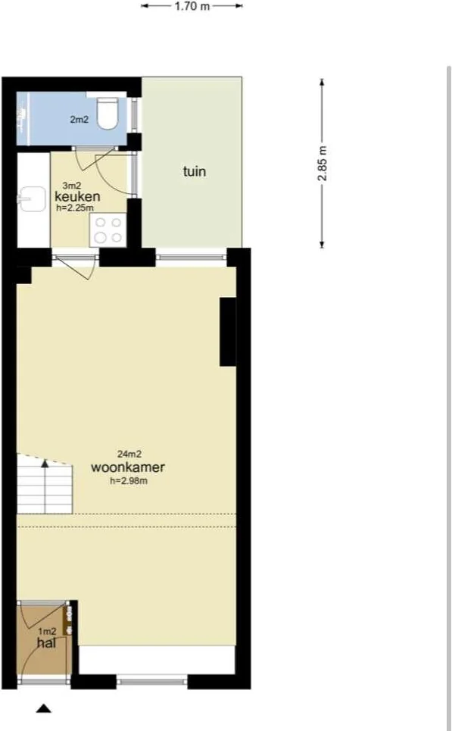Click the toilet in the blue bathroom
coord(108,112)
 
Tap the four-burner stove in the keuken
coord(108,230)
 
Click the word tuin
coord(195,171)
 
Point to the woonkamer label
coord(128,467)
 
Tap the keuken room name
coord(77,196)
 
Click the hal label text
coord(47,643)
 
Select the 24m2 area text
coord(129,454)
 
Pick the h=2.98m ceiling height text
coord(129,481)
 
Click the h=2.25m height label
coord(75,208)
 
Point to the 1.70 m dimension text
coord(192,7)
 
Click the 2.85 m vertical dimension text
coord(322,164)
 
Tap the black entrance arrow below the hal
coord(44,708)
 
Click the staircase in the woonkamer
coord(45,484)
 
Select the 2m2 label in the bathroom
coord(79,120)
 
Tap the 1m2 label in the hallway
coord(47,632)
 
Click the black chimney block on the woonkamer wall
coord(228,332)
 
